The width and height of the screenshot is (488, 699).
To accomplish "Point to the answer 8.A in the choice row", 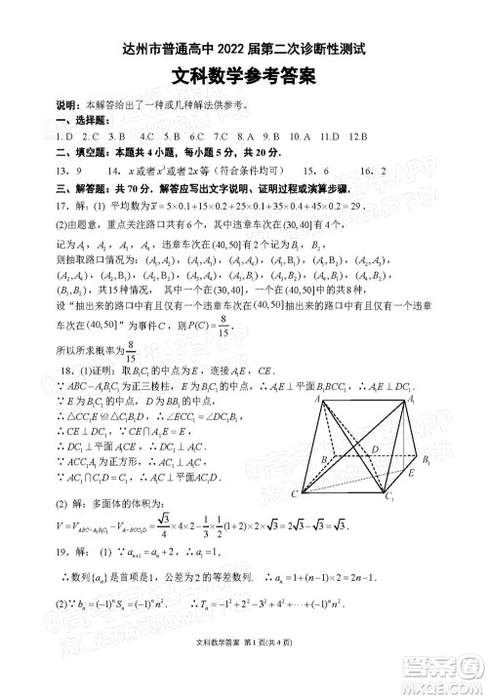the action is [245, 136].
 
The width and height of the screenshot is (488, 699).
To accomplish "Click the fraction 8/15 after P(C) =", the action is [224, 352].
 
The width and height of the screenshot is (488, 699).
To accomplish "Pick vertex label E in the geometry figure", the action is [411, 473].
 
